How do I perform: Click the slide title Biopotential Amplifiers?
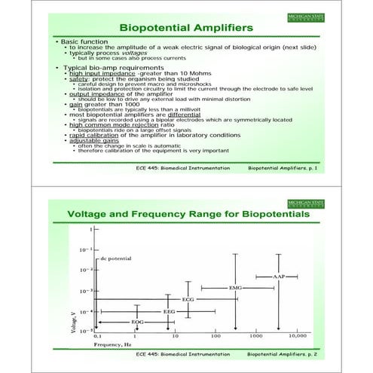[187, 28]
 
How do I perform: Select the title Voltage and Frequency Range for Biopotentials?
[189, 215]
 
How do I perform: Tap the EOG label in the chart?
[137, 322]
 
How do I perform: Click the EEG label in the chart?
[170, 310]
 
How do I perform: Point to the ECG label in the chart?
[188, 299]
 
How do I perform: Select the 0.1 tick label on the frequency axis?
[97, 335]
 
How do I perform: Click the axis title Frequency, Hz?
[112, 343]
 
